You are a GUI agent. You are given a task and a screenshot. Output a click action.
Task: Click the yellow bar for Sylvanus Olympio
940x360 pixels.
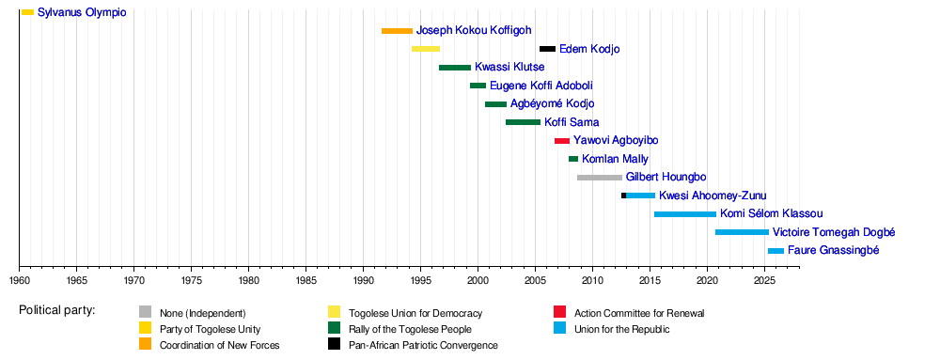(27, 12)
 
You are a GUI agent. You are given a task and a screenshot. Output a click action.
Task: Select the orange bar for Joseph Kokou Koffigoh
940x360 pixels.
(397, 31)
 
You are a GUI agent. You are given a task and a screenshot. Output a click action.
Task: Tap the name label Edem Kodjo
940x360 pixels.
(589, 49)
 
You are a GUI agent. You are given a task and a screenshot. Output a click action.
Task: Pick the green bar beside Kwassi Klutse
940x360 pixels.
(455, 68)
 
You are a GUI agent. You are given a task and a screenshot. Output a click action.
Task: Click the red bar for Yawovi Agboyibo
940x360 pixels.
(562, 141)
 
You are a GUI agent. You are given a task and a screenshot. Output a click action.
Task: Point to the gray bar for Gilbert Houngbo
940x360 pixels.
(600, 178)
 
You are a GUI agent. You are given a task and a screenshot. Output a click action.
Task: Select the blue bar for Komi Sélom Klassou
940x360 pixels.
(685, 214)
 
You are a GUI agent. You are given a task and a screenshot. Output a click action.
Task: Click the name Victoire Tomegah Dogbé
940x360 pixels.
(825, 232)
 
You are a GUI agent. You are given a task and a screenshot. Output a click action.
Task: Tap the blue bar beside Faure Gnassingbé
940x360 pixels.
(775, 251)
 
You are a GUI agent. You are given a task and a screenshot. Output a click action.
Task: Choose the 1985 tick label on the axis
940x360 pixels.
(305, 280)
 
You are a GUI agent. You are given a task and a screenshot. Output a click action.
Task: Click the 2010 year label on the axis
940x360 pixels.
(592, 280)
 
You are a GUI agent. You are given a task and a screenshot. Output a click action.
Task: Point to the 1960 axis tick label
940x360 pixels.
(19, 280)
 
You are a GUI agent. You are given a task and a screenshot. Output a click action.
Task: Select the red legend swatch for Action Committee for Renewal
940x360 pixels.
(560, 312)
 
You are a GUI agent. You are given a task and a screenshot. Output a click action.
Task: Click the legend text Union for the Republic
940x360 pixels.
(621, 329)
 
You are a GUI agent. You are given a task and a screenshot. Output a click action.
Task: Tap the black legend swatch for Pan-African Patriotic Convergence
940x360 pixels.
(334, 345)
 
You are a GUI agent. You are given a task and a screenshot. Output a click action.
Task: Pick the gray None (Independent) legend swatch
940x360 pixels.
(145, 312)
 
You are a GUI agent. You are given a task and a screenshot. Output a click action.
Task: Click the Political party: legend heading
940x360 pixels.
(57, 311)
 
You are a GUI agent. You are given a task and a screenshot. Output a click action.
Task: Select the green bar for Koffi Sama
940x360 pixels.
(524, 122)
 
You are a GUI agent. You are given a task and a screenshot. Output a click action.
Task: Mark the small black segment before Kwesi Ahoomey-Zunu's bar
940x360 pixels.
(623, 196)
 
